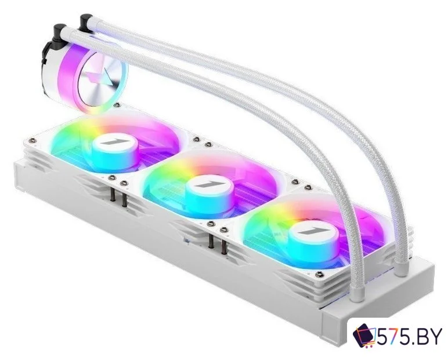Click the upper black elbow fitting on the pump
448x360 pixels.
(x=86, y=21)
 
